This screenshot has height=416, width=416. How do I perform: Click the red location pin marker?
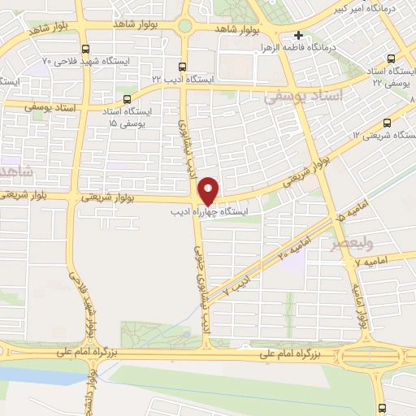point(209,190)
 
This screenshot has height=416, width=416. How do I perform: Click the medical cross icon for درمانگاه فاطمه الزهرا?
point(299,35)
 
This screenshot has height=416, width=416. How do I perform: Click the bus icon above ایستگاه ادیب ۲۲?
point(181,67)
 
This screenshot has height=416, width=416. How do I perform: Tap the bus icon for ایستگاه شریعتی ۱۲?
point(386,123)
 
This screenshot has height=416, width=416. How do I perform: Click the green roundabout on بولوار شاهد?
point(185,26)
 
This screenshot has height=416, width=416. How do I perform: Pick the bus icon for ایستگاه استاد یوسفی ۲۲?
point(392,58)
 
